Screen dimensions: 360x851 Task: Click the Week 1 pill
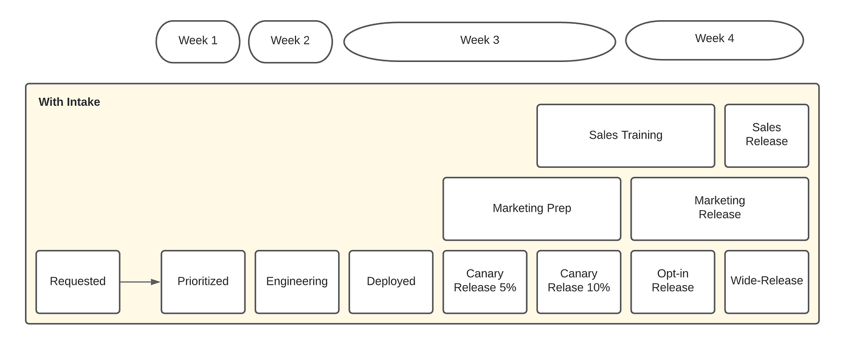(198, 41)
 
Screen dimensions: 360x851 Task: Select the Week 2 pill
(291, 41)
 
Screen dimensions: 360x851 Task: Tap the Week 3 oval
(480, 41)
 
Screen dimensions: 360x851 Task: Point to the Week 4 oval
(714, 40)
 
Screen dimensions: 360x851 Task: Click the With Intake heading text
(69, 102)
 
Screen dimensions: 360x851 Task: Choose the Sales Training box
(625, 136)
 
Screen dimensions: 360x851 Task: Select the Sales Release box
(767, 136)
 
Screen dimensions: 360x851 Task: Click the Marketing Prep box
(532, 209)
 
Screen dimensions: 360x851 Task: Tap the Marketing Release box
(720, 209)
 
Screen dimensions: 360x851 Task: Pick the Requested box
(78, 282)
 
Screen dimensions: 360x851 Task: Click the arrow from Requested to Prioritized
(140, 282)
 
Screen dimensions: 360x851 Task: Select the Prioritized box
(203, 282)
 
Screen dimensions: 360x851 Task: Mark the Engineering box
(297, 282)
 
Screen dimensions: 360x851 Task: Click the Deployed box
(391, 282)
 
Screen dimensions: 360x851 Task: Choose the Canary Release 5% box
(485, 282)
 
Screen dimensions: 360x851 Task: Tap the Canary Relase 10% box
(579, 282)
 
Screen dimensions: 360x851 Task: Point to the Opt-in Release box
(672, 282)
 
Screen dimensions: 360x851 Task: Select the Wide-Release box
(767, 282)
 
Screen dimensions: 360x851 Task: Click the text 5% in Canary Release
(508, 288)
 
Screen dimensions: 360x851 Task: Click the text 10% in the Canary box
(598, 288)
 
